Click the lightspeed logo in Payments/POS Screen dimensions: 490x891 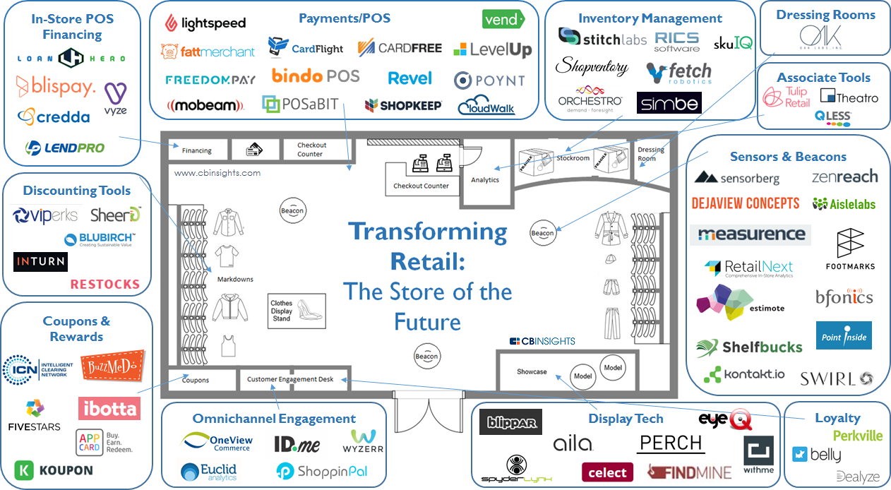pyautogui.click(x=205, y=23)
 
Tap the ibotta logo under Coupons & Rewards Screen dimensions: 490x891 pyautogui.click(x=109, y=408)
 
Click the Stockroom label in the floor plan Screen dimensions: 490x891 pyautogui.click(x=573, y=158)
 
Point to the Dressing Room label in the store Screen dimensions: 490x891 pyautogui.click(x=650, y=154)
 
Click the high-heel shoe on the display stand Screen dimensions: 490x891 pyautogui.click(x=309, y=309)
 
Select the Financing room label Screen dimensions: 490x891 pyautogui.click(x=196, y=150)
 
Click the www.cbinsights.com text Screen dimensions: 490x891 pyautogui.click(x=217, y=172)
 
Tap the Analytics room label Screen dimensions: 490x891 pyautogui.click(x=485, y=180)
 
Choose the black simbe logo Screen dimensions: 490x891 pyautogui.click(x=669, y=104)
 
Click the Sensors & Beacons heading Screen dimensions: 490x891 pyautogui.click(x=788, y=157)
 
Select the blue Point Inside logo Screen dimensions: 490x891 pyautogui.click(x=844, y=336)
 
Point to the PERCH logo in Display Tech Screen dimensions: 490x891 pyautogui.click(x=670, y=443)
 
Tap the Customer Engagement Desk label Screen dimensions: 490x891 pyautogui.click(x=289, y=379)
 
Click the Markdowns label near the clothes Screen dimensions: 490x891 pyautogui.click(x=235, y=280)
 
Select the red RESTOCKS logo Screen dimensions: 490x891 pyautogui.click(x=105, y=285)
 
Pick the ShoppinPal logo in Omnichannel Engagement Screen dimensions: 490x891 pyautogui.click(x=322, y=470)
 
